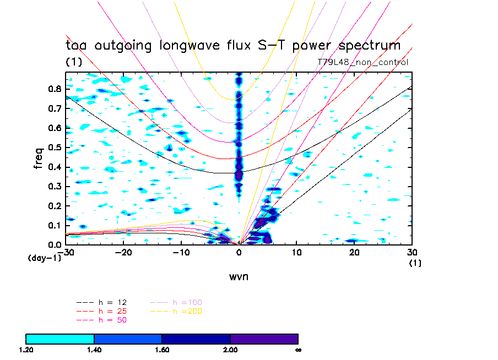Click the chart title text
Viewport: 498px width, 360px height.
point(233,46)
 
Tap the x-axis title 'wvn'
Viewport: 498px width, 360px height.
point(239,276)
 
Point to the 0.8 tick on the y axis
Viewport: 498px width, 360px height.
point(53,89)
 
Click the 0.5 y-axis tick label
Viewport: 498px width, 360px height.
point(53,148)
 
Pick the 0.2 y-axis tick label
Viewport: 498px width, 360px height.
point(53,206)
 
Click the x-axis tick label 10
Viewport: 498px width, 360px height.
point(296,252)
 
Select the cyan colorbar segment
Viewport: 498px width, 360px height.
point(60,339)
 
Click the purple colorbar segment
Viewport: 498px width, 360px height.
point(264,339)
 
